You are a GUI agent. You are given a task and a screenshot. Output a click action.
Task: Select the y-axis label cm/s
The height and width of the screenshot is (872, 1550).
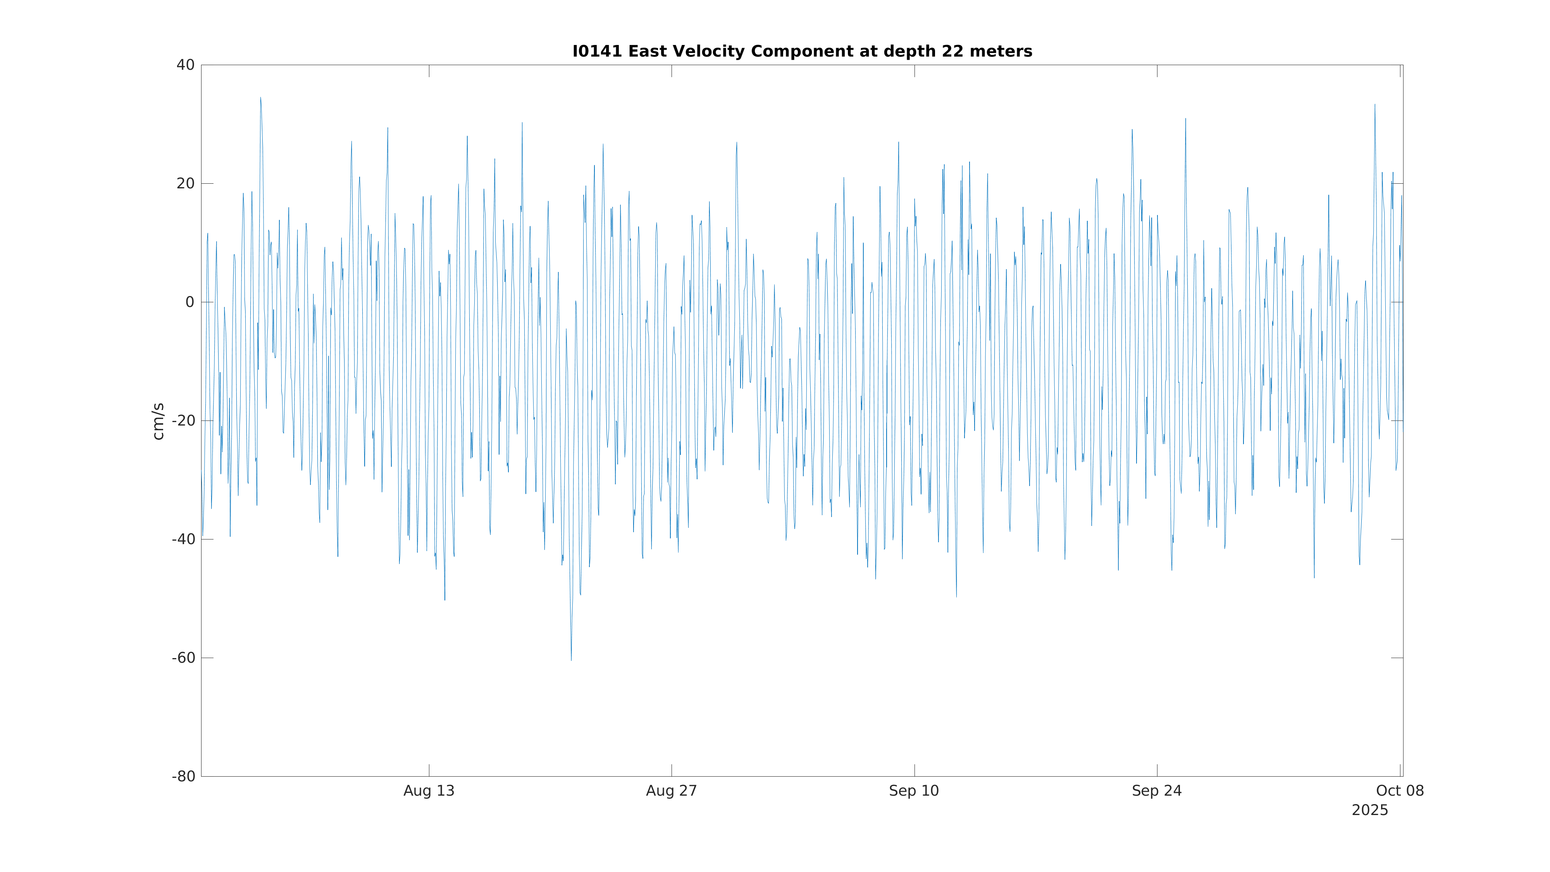158,421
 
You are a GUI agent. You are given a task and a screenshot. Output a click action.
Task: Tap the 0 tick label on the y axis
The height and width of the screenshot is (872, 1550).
190,302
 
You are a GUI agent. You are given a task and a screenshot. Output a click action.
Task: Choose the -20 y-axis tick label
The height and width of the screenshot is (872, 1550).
184,420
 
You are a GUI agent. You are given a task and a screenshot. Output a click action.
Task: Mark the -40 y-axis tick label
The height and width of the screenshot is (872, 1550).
184,539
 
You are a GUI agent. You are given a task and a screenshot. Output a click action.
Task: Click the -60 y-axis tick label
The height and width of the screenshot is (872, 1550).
184,658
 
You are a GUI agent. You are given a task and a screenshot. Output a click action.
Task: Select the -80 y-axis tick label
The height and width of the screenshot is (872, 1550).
184,776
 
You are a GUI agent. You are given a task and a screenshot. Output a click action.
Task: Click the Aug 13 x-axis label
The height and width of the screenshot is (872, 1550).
429,791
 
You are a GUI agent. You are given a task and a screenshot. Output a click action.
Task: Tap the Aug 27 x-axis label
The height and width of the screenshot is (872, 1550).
672,791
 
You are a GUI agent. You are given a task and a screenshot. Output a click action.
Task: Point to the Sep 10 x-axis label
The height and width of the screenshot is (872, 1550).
914,791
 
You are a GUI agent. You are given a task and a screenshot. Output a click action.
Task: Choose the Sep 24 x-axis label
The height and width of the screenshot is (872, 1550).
1156,791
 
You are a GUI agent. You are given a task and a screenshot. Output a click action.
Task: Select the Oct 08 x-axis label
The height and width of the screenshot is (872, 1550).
1400,791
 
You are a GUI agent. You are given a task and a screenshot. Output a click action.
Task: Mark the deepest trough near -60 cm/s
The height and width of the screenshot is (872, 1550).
571,660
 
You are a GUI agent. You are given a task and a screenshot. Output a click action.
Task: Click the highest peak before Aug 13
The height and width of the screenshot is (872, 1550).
260,98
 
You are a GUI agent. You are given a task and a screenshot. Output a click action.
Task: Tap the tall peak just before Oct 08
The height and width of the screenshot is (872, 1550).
1374,105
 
